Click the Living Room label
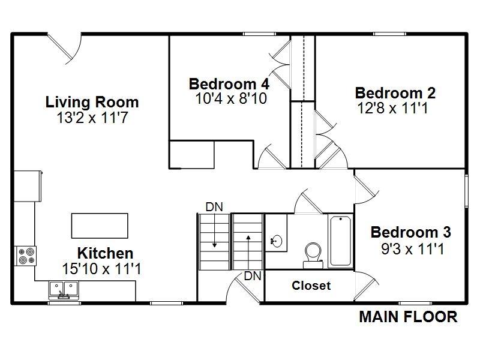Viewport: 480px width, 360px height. point(92,102)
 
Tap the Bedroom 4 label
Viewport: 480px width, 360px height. point(229,83)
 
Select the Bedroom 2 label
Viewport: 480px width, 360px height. point(395,93)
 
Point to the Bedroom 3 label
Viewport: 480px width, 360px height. point(410,232)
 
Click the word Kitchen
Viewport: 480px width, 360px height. point(105,253)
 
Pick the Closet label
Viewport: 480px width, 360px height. point(311,286)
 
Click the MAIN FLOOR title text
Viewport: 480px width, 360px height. point(408,317)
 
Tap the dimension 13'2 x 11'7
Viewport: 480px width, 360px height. point(92,118)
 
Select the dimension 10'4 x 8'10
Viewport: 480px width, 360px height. point(231,98)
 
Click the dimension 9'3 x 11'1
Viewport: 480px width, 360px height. point(412,248)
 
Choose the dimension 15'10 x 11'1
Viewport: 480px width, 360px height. point(101,269)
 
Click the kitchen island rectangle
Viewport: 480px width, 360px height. point(100,226)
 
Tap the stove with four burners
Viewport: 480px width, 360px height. point(26,256)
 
